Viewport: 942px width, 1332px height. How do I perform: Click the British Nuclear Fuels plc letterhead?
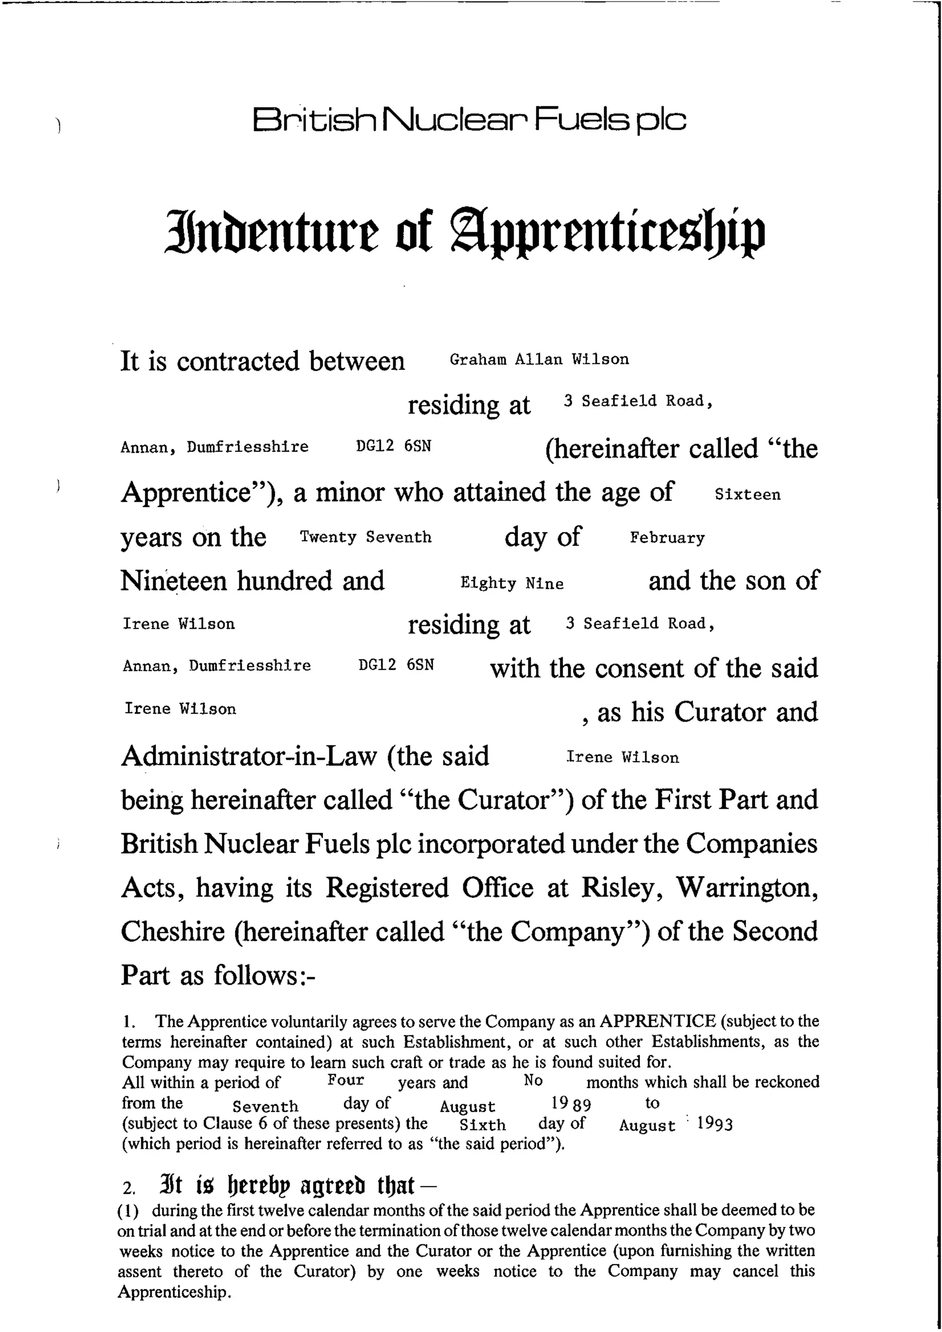tap(469, 120)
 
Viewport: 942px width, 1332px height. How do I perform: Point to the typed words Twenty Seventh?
tap(366, 537)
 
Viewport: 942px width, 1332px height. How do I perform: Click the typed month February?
tap(667, 537)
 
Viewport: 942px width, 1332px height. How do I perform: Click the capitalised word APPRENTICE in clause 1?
tap(658, 1020)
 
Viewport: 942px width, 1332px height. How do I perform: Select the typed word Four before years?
tap(346, 1080)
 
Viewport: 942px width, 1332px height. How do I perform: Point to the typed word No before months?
tap(533, 1080)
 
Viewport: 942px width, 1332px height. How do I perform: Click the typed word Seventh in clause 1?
tap(265, 1106)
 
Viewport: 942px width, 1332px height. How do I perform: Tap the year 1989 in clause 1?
tap(571, 1104)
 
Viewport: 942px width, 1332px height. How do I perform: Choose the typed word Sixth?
tap(482, 1125)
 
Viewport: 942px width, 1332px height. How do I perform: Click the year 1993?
tap(714, 1124)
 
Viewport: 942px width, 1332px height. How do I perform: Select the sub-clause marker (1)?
tap(128, 1211)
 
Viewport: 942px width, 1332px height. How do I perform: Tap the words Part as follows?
tap(218, 975)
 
